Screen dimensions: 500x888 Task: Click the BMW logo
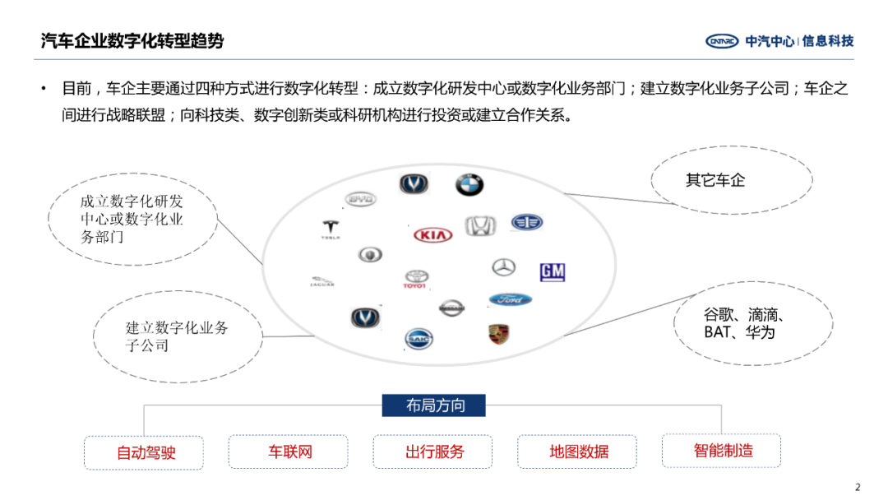click(x=469, y=185)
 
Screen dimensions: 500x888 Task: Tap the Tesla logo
click(x=331, y=229)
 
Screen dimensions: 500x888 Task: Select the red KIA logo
click(x=433, y=235)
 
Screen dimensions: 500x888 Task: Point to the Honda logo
click(x=481, y=226)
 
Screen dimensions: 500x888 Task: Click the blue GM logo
click(x=553, y=272)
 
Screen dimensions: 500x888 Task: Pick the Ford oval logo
click(x=511, y=300)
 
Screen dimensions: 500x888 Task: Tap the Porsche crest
click(x=499, y=334)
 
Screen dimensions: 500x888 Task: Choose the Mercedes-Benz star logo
click(x=503, y=267)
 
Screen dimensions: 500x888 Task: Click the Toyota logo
click(x=416, y=280)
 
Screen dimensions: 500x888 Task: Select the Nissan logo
click(x=451, y=308)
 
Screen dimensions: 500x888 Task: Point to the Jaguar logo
click(x=322, y=282)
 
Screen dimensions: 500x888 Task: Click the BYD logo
click(x=359, y=199)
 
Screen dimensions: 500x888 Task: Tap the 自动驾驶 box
click(x=144, y=452)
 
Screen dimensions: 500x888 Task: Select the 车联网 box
click(x=288, y=451)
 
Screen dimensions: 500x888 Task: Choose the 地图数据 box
click(x=577, y=451)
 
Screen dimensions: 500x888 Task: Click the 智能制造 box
click(x=721, y=451)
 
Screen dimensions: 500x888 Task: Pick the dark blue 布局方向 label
click(x=434, y=405)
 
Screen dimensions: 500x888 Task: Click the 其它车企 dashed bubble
click(x=731, y=180)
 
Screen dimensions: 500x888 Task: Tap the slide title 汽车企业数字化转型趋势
click(x=132, y=41)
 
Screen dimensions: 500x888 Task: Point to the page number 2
click(x=858, y=487)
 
